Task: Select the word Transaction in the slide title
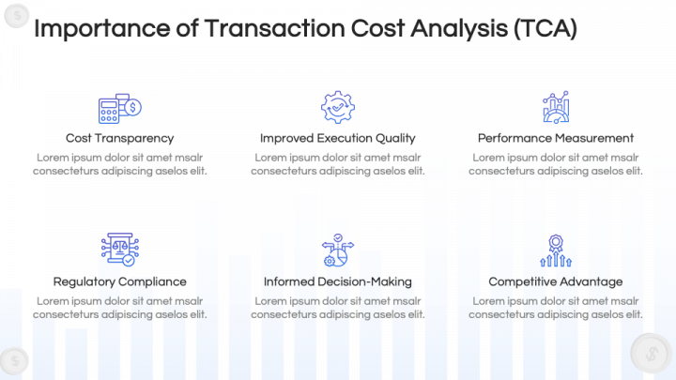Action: (267, 29)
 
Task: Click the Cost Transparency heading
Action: (119, 138)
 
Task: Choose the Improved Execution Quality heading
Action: (337, 138)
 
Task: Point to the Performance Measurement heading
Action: (555, 138)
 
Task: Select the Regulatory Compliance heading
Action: (119, 281)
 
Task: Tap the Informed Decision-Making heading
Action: (337, 281)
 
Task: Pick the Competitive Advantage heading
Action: (555, 281)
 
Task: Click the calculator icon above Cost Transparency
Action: (119, 108)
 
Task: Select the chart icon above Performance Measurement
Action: (555, 108)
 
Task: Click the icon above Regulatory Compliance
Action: (119, 250)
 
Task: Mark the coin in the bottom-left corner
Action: (13, 360)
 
